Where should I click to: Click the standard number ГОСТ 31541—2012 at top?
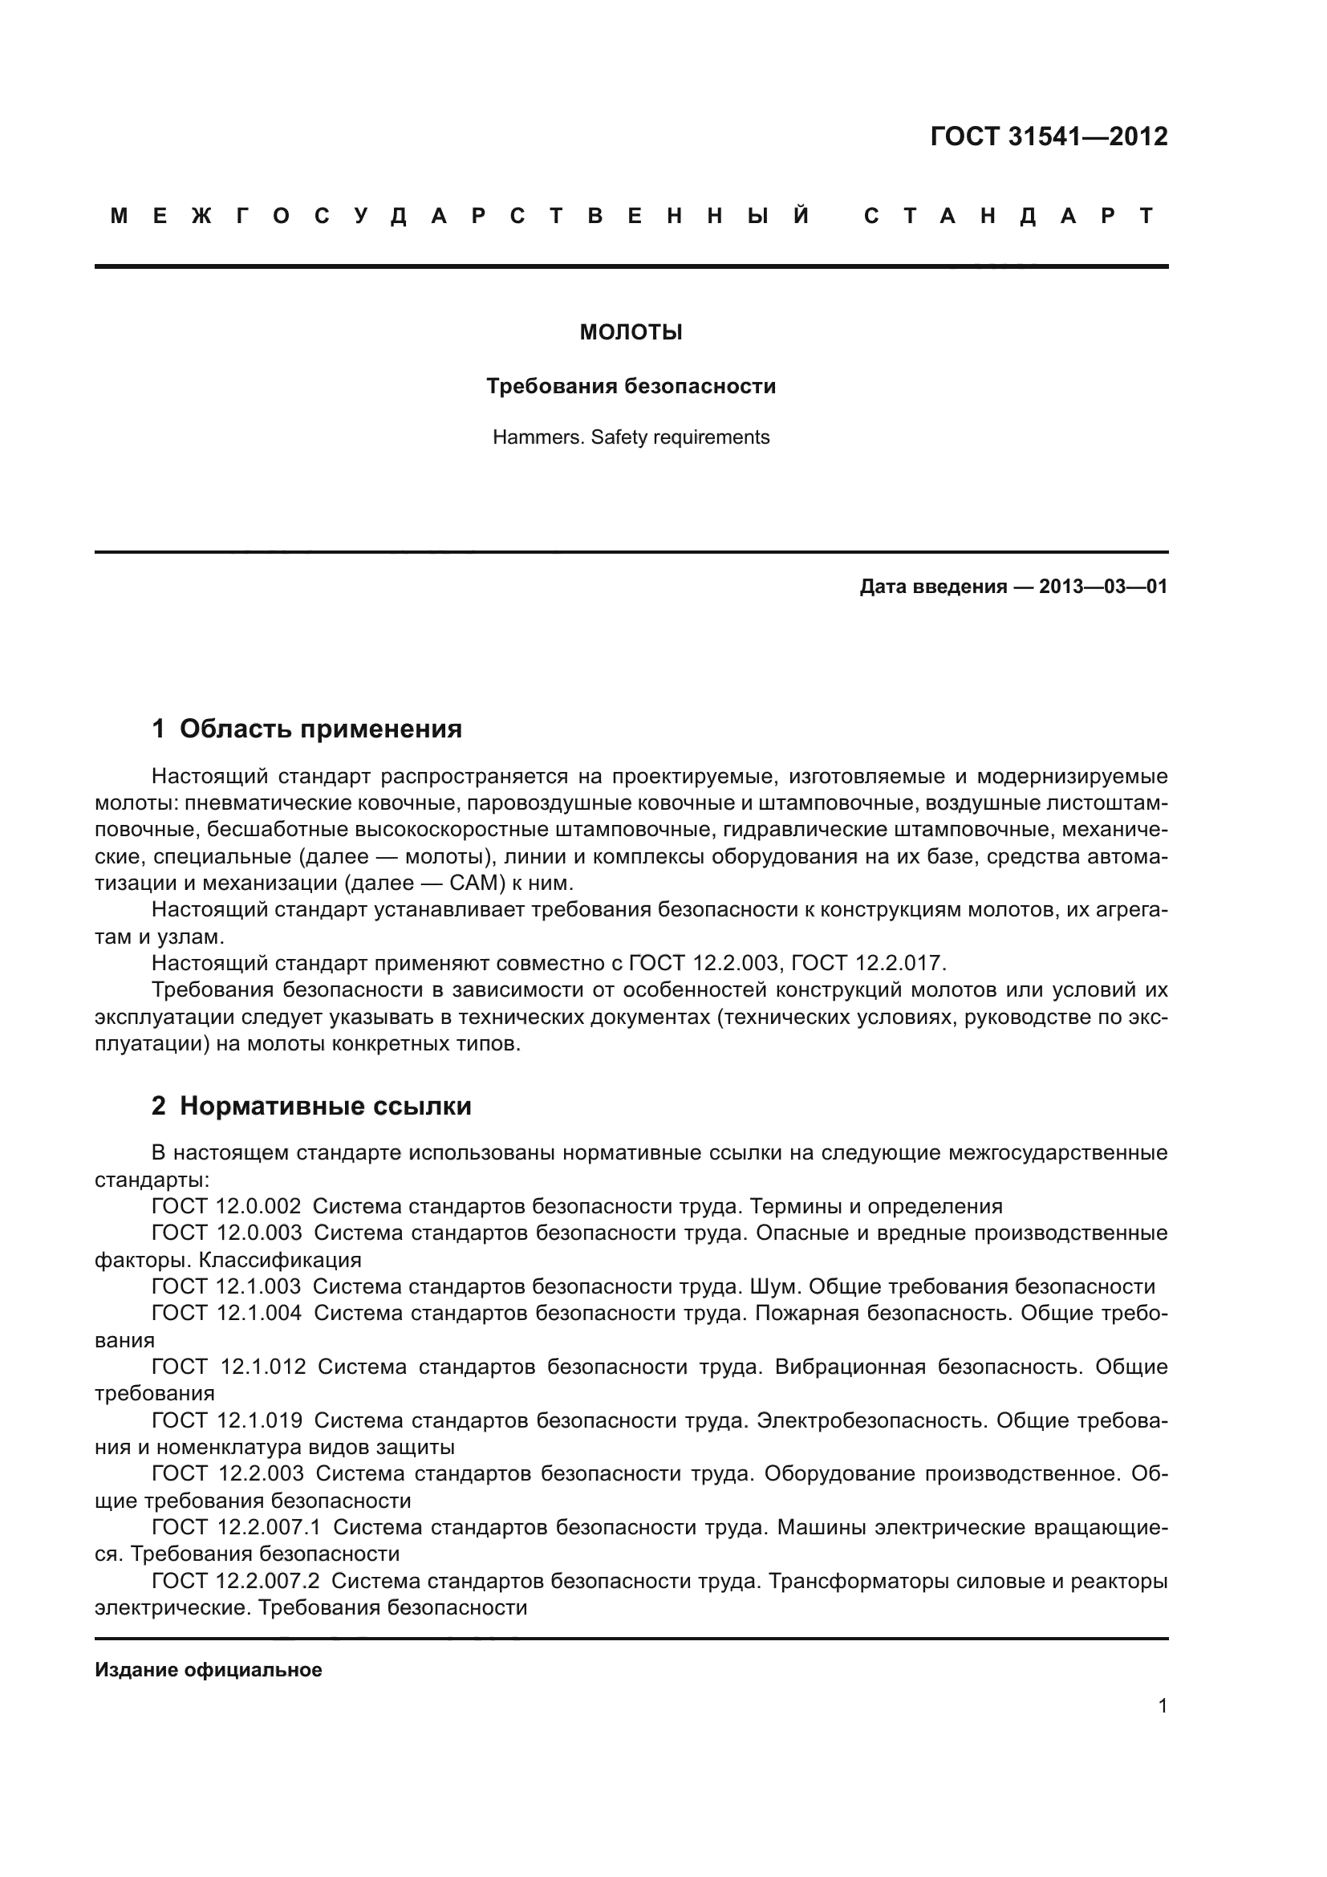click(1049, 136)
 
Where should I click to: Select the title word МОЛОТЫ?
click(631, 333)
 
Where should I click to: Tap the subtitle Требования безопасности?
click(631, 386)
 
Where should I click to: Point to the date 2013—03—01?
click(1102, 586)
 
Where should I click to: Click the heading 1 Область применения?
click(306, 729)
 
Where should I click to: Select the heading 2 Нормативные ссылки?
click(311, 1106)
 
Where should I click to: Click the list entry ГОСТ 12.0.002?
click(226, 1206)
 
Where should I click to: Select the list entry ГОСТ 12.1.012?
click(229, 1367)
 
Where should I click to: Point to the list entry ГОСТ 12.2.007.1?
click(237, 1527)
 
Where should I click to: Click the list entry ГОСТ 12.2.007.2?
click(236, 1581)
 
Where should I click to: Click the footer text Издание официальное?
click(209, 1670)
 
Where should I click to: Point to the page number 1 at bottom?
click(1162, 1705)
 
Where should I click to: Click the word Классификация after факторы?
click(280, 1260)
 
